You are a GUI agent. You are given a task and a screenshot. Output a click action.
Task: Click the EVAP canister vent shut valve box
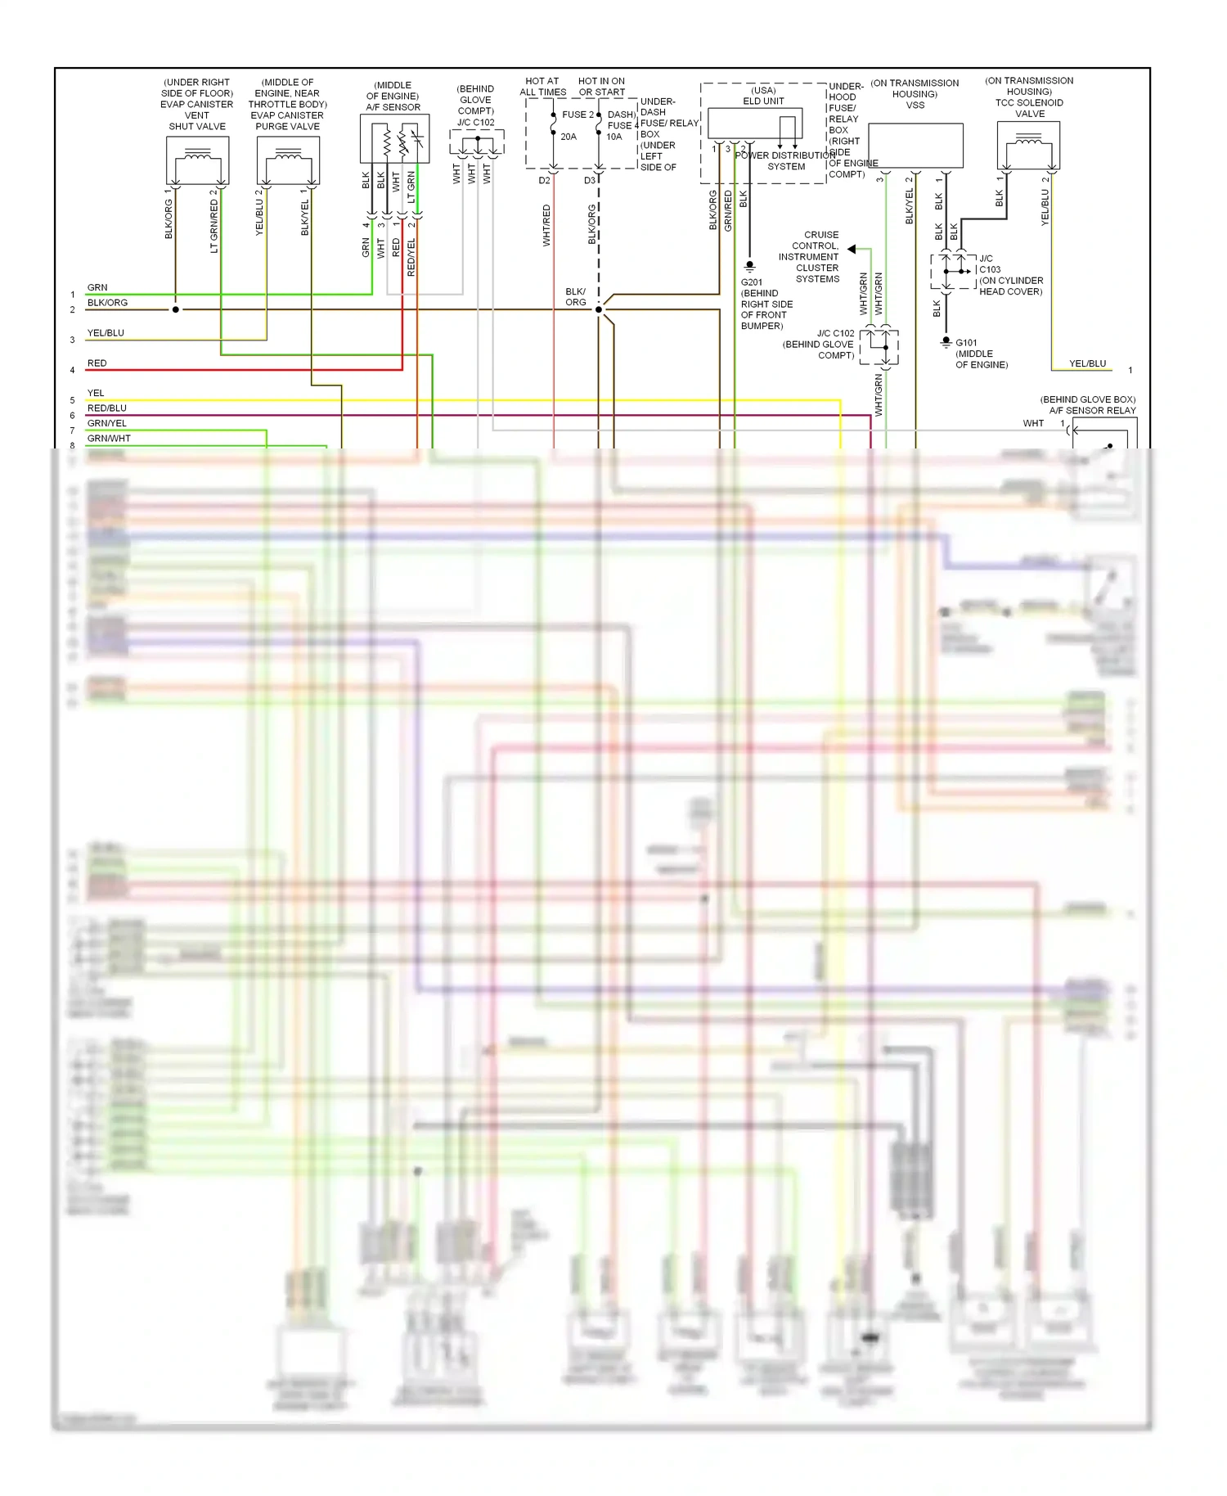tap(197, 160)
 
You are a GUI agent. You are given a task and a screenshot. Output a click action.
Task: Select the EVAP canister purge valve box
tap(288, 160)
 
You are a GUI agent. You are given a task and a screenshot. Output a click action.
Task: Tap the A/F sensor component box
tap(394, 139)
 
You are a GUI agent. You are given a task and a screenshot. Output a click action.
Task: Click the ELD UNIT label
tap(763, 101)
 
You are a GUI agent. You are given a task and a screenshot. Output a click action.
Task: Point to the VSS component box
tap(915, 146)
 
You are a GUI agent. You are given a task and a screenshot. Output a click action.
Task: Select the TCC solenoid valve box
tap(1028, 146)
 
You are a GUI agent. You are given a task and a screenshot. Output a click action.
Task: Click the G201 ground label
tap(752, 282)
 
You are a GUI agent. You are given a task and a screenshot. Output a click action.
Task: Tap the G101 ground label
tap(966, 343)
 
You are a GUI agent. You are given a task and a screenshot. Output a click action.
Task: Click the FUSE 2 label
tap(578, 115)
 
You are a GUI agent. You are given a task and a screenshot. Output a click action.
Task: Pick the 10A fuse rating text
tap(614, 137)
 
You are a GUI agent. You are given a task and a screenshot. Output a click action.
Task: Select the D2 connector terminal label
tap(545, 181)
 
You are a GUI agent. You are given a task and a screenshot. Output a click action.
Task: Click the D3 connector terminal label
tap(590, 181)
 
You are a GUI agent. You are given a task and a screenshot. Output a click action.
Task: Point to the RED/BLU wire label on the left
tap(107, 408)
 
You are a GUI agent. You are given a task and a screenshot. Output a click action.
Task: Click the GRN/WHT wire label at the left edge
tap(109, 439)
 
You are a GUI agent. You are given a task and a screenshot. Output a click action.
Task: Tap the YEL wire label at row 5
tap(96, 394)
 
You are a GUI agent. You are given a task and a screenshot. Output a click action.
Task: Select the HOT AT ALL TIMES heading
tap(542, 87)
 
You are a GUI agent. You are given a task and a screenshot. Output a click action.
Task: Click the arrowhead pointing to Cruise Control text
tap(852, 249)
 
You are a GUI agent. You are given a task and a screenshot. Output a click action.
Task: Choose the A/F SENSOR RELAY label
tap(1092, 411)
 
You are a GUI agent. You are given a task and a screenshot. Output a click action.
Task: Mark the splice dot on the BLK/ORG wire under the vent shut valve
tap(176, 309)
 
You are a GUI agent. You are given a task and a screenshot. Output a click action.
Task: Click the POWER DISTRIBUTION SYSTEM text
tap(786, 161)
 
